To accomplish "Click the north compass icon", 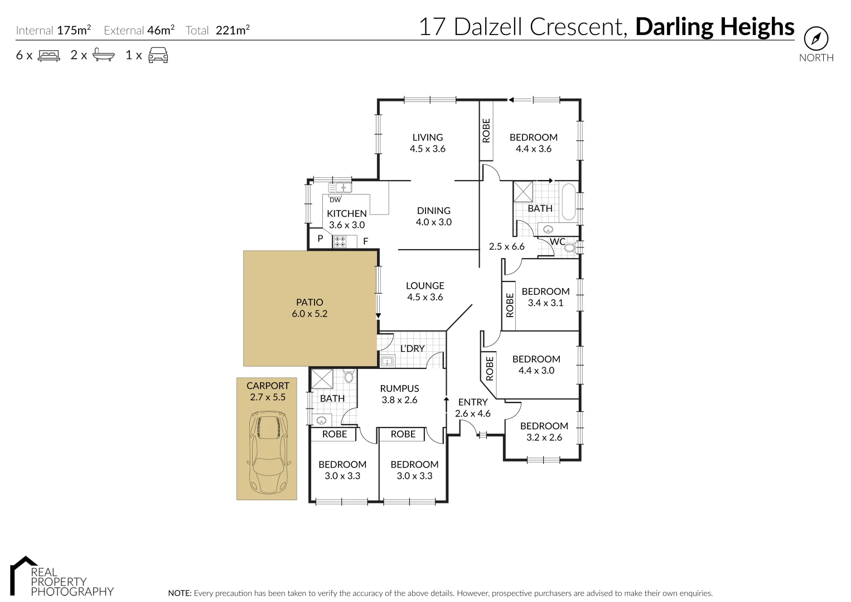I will (x=815, y=38).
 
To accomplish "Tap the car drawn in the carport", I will (x=267, y=452).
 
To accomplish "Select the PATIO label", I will (x=310, y=302).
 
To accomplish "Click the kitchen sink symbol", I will (x=339, y=188).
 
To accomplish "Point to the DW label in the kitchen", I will (x=335, y=200).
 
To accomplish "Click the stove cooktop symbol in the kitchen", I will (x=340, y=241).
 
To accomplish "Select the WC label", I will (x=557, y=241).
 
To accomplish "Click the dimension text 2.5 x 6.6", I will (x=506, y=246).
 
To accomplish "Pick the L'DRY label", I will (x=412, y=348).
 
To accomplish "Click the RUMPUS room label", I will (x=399, y=389).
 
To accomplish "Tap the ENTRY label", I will (x=472, y=402).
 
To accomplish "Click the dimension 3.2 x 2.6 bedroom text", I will (x=544, y=438).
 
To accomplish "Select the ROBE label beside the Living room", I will (x=486, y=130).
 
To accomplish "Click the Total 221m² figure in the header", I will (x=232, y=30).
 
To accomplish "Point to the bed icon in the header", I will (x=49, y=55).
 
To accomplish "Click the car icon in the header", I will (x=158, y=55).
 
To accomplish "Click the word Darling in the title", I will (x=674, y=27).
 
